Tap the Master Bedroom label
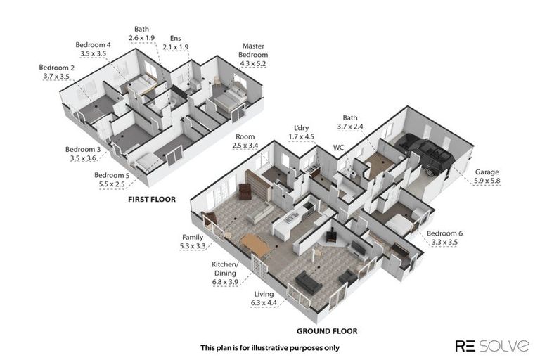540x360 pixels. pyautogui.click(x=253, y=51)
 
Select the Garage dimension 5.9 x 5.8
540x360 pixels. pyautogui.click(x=487, y=181)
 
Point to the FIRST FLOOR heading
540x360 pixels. pyautogui.click(x=152, y=199)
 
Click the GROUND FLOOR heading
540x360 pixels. pyautogui.click(x=327, y=331)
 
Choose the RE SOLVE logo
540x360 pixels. pyautogui.click(x=492, y=345)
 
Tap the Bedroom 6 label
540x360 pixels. pyautogui.click(x=444, y=233)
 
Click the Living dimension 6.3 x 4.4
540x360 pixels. pyautogui.click(x=264, y=303)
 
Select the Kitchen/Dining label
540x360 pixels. pyautogui.click(x=225, y=269)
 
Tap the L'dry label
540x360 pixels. pyautogui.click(x=302, y=128)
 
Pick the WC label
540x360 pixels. pyautogui.click(x=338, y=148)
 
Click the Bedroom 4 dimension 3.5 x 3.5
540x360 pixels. pyautogui.click(x=93, y=53)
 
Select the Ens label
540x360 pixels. pyautogui.click(x=175, y=38)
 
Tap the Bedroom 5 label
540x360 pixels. pyautogui.click(x=112, y=175)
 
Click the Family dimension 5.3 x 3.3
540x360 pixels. pyautogui.click(x=193, y=246)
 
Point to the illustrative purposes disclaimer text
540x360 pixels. pyautogui.click(x=270, y=348)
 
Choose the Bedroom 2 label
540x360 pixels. pyautogui.click(x=56, y=67)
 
